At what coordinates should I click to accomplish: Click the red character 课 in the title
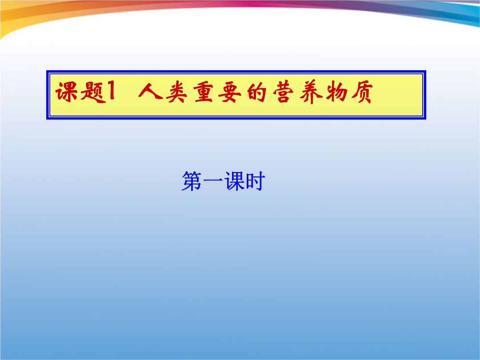coord(66,92)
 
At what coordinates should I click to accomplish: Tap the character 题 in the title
coord(92,92)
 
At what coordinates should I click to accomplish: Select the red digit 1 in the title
coord(112,92)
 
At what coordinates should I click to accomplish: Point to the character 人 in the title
coord(150,91)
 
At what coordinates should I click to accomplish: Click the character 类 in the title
coord(176,92)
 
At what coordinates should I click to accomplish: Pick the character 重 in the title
coord(203,92)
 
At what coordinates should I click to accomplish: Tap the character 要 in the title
coord(229,92)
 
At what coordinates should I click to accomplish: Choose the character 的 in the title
coord(256,92)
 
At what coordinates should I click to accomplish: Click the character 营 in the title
coord(283,92)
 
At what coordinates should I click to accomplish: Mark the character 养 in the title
coord(311,92)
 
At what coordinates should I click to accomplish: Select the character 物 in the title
coord(337,92)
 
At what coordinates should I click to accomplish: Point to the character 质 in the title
coord(362,92)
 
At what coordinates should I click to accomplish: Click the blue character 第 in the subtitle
coord(192,181)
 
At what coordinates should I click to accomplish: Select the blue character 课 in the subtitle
coord(234,181)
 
